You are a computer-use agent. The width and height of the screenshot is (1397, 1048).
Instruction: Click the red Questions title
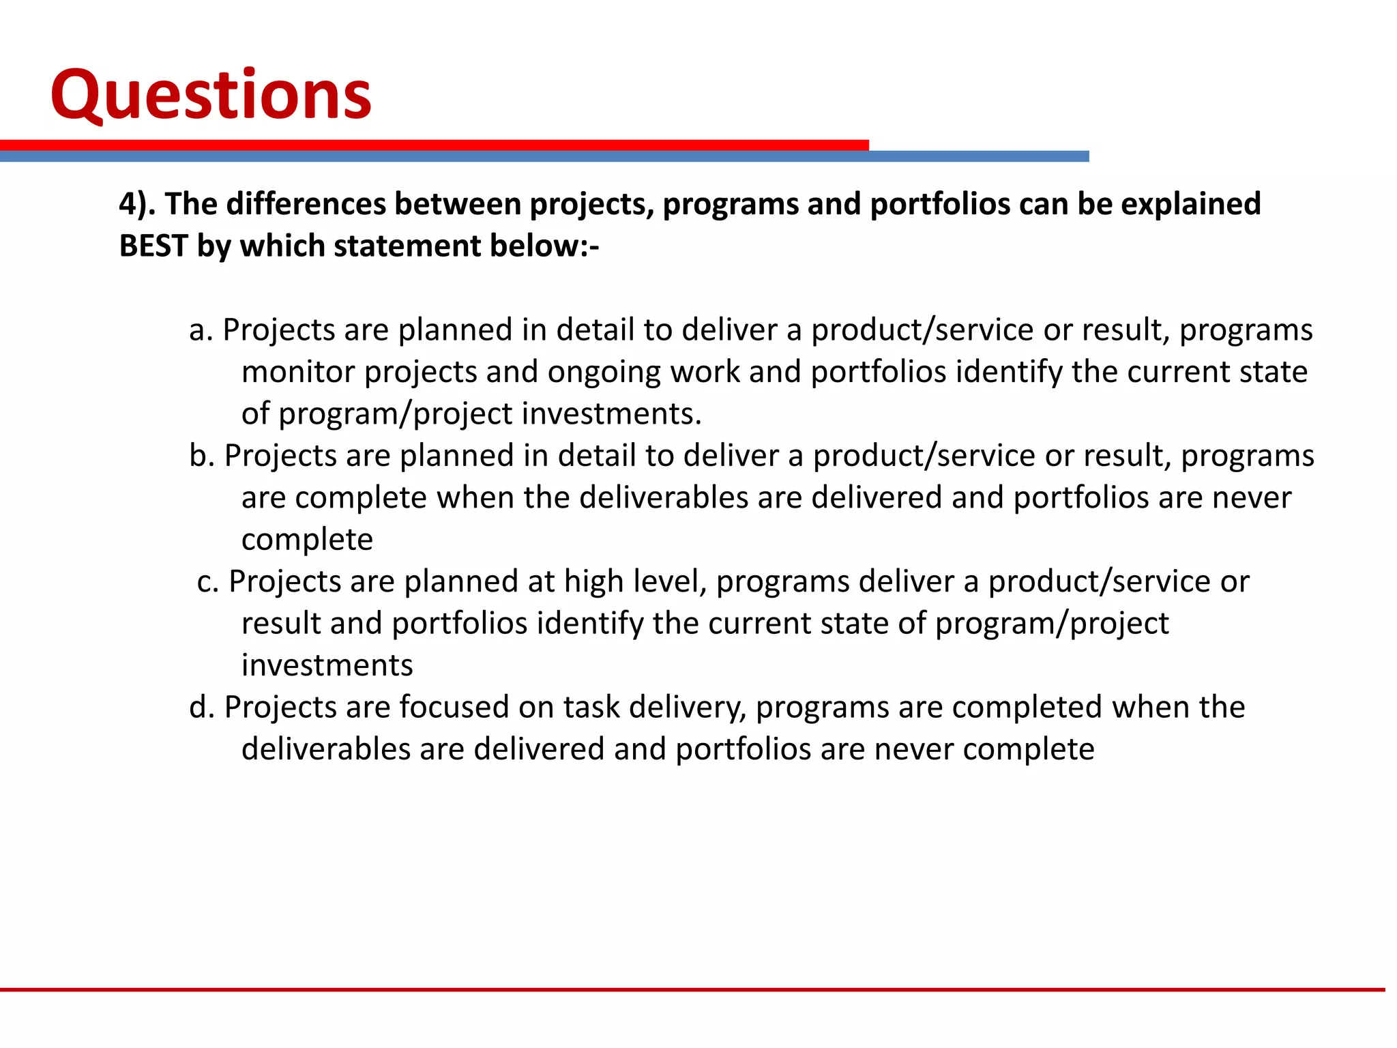click(x=211, y=96)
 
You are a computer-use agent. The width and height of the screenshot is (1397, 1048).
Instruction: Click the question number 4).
click(x=136, y=204)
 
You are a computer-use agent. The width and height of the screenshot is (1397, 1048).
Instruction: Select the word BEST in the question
click(x=153, y=246)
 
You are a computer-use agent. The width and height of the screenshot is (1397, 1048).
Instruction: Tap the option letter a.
click(x=201, y=330)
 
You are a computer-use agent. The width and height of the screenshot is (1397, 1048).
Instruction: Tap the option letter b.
click(x=201, y=456)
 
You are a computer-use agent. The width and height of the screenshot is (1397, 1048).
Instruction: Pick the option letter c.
click(x=207, y=582)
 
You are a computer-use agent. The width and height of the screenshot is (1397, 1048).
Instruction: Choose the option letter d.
click(x=201, y=708)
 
